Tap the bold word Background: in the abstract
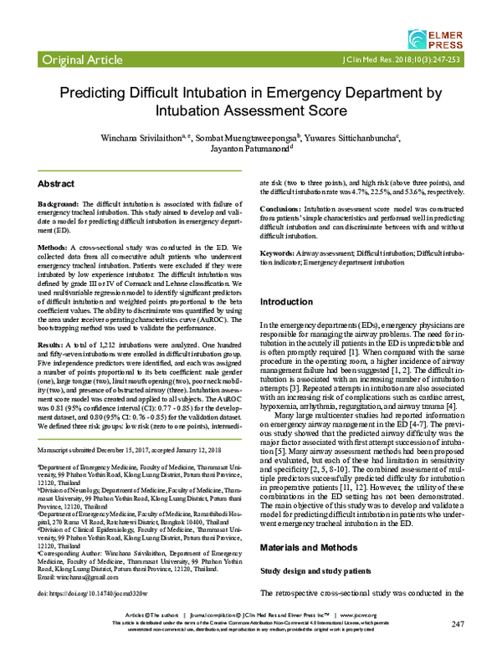point(63,204)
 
